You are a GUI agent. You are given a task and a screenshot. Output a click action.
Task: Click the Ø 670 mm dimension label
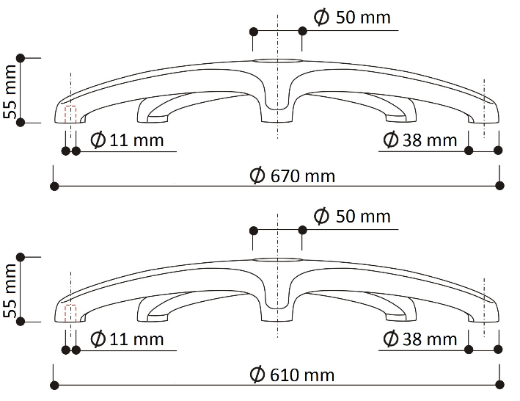tap(292, 176)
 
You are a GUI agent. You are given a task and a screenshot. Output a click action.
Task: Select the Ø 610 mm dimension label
tap(292, 375)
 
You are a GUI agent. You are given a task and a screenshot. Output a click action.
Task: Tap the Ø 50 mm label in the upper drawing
tap(352, 18)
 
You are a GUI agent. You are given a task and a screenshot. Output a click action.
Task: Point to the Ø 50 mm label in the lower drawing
tap(352, 216)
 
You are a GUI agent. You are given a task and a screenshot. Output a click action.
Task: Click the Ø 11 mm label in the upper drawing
tap(127, 140)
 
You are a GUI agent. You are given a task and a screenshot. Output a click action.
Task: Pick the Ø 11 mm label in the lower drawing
tap(127, 339)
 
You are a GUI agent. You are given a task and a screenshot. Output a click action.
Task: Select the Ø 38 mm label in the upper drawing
tap(420, 140)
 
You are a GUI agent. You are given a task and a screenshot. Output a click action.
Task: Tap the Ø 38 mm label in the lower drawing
tap(420, 339)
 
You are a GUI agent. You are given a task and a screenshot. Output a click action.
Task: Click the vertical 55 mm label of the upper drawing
tap(10, 92)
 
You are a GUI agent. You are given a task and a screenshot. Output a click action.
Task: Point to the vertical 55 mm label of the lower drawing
tap(10, 290)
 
